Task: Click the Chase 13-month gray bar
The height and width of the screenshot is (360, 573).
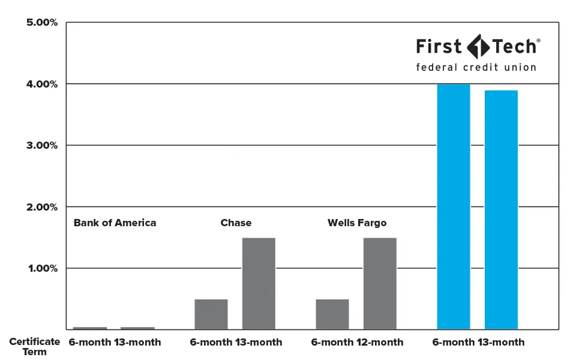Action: coord(259,283)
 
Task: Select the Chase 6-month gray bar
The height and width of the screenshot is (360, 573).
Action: coord(211,314)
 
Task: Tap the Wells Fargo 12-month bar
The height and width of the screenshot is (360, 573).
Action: coord(380,283)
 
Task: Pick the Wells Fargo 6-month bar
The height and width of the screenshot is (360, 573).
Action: coord(332,314)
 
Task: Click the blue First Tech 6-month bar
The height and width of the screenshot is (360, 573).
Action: coord(454,206)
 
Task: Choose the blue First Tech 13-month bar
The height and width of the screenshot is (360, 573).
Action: coord(501,209)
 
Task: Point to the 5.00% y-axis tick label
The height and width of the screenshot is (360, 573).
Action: coord(42,23)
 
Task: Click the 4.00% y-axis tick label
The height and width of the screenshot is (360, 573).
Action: coord(42,84)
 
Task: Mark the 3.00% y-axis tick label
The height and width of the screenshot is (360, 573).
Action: coord(42,145)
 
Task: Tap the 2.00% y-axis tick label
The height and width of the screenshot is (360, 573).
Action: coord(42,207)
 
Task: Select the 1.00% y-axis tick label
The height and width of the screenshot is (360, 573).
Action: coord(42,268)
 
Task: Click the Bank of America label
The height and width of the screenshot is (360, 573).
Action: coord(115,223)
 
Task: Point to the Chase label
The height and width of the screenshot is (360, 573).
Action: coord(236,223)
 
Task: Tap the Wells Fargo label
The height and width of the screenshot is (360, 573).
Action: coord(357,223)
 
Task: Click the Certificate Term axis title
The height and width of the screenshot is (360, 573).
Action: coord(34,347)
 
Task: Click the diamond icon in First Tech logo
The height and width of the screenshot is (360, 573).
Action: coord(477,46)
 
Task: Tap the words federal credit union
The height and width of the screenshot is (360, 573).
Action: coord(476,67)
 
